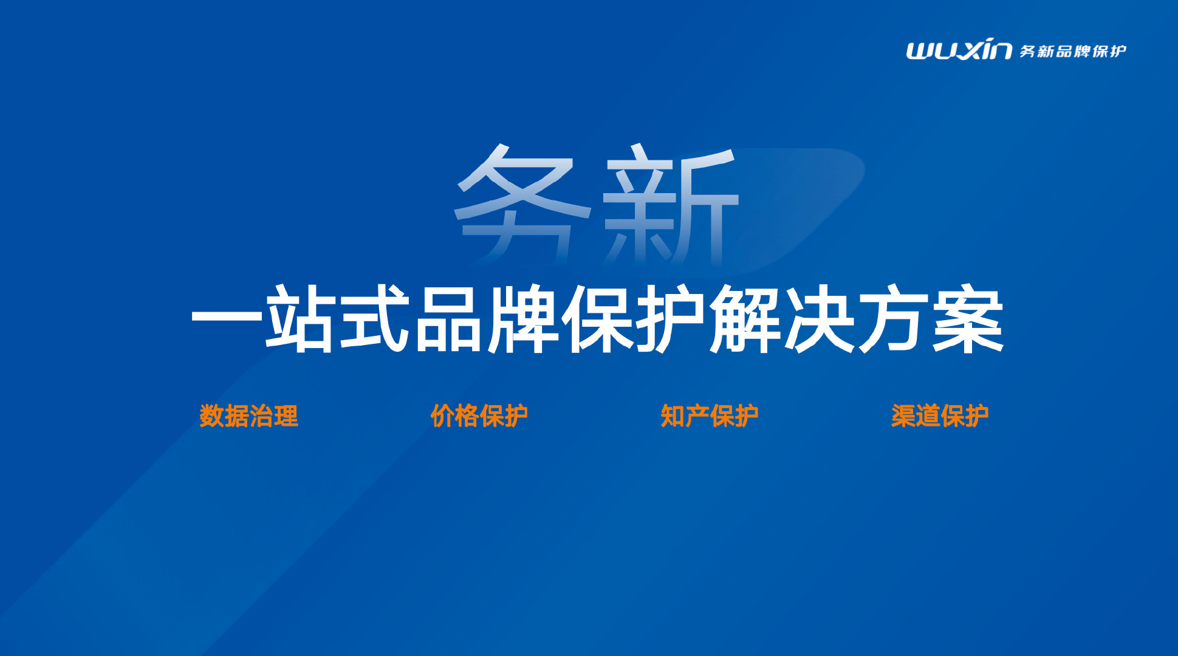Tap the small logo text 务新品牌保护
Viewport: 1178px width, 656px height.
pos(1072,51)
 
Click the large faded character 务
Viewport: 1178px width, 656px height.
pos(522,203)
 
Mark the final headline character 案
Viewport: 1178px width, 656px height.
pos(968,319)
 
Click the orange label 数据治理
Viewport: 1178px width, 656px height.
pos(249,416)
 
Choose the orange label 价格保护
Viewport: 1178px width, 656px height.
pos(479,416)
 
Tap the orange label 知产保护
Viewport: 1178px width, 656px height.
pos(710,416)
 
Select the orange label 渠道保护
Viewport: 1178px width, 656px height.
pos(940,416)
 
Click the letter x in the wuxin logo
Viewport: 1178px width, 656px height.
pos(969,50)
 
